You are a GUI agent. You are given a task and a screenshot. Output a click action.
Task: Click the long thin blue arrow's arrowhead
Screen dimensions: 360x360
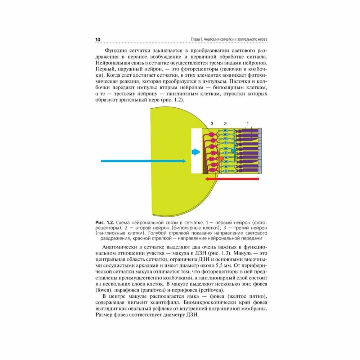pyautogui.click(x=184, y=161)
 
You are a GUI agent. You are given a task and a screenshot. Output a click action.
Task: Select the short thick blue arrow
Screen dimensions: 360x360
pyautogui.click(x=195, y=152)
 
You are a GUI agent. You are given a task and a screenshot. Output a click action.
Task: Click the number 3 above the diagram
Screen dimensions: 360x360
pyautogui.click(x=212, y=123)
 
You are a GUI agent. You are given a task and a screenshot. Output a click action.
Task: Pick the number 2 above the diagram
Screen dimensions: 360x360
pyautogui.click(x=225, y=123)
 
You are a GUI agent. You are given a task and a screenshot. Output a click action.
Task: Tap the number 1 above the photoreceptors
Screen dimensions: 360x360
pyautogui.click(x=247, y=123)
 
